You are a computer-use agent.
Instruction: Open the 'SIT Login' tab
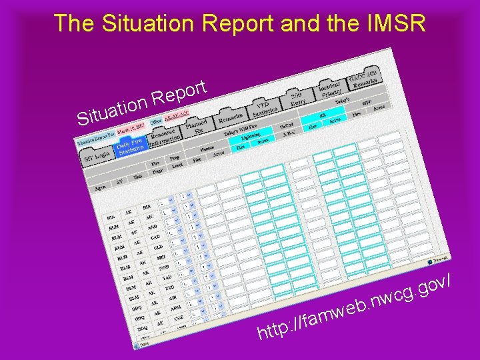pos(97,157)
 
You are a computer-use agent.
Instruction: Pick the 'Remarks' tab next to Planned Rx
pos(231,121)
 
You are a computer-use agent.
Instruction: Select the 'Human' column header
pos(207,149)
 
